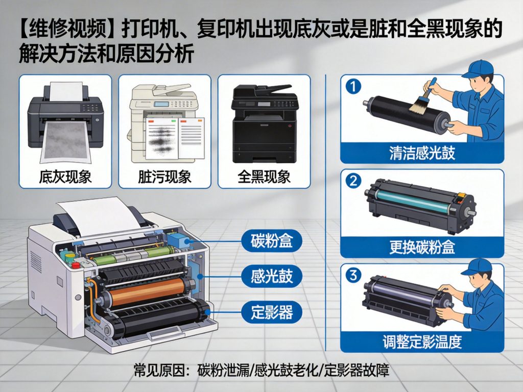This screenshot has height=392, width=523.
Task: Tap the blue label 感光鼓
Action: pos(272,276)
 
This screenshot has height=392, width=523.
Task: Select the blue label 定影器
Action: pos(272,311)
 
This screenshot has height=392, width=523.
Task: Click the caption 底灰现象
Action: pos(65,177)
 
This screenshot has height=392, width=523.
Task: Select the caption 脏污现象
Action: pos(164,177)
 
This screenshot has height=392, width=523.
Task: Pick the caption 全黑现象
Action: pos(264,177)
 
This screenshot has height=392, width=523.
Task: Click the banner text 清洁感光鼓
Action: pos(422,153)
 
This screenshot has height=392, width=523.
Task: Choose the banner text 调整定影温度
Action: pos(422,341)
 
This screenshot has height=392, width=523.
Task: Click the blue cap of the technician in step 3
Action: pos(479,267)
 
